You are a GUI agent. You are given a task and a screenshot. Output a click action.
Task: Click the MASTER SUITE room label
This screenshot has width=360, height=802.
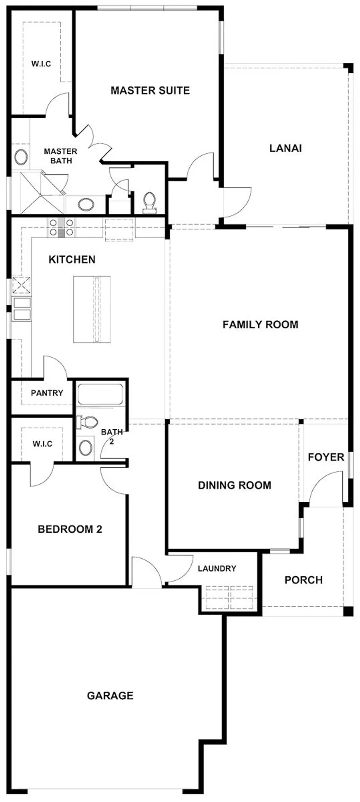click(x=150, y=90)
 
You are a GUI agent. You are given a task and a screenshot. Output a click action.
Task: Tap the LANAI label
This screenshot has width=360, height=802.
click(x=285, y=148)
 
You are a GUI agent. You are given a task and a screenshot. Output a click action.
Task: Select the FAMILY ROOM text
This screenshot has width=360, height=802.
click(x=260, y=325)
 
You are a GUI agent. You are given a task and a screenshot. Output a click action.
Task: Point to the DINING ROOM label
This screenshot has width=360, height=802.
click(x=234, y=485)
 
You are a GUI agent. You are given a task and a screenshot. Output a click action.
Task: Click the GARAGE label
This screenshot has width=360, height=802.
click(x=110, y=696)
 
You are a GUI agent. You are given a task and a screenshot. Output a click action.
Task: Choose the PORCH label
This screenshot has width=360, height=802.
click(x=303, y=580)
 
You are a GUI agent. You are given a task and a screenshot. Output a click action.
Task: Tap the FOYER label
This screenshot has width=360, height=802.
click(x=326, y=457)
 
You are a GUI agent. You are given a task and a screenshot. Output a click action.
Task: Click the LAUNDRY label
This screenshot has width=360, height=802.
click(x=217, y=568)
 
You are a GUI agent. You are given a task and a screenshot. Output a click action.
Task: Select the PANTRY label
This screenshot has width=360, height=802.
click(x=47, y=393)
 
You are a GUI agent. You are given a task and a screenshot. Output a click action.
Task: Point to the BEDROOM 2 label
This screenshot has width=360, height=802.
click(x=70, y=529)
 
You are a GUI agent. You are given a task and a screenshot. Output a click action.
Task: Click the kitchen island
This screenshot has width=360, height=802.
click(x=92, y=309)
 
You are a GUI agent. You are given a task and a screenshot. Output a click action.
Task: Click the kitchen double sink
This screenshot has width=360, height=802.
click(x=22, y=309)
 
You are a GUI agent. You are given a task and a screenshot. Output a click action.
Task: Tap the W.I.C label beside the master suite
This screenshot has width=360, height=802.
click(x=41, y=64)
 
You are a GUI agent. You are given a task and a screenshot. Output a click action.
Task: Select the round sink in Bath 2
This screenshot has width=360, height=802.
click(x=86, y=447)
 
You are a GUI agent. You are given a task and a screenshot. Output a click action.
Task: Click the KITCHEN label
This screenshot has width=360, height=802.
click(x=72, y=260)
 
